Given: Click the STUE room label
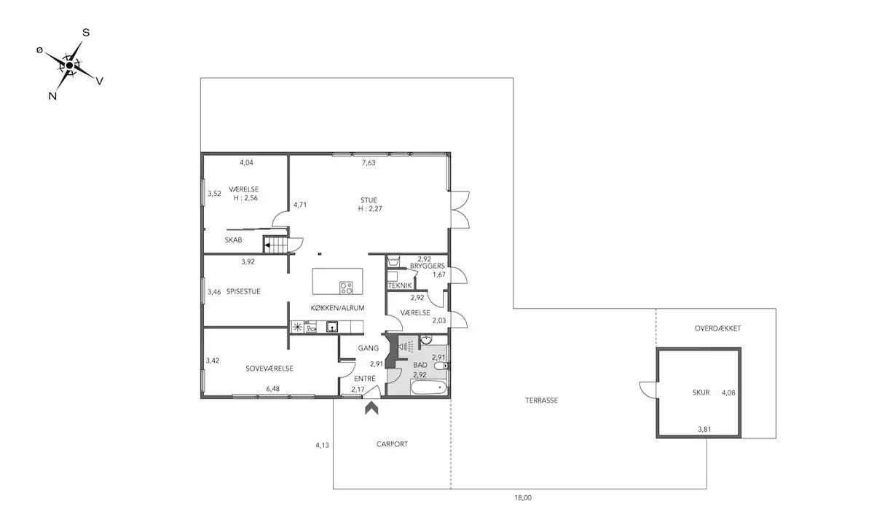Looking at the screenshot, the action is pyautogui.click(x=369, y=200).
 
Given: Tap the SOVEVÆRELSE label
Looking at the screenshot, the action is pyautogui.click(x=269, y=368).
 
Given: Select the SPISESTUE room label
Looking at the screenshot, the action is pyautogui.click(x=243, y=291).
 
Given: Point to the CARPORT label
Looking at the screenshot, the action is pyautogui.click(x=392, y=444).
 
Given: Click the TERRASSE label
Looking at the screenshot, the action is pyautogui.click(x=542, y=400).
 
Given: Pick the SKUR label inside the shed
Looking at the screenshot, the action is pyautogui.click(x=701, y=392).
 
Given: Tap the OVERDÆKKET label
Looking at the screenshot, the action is pyautogui.click(x=718, y=328).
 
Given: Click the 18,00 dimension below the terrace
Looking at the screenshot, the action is pyautogui.click(x=523, y=498).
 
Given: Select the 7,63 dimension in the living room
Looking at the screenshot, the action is pyautogui.click(x=369, y=162).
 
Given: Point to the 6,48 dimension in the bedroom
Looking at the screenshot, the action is pyautogui.click(x=272, y=389).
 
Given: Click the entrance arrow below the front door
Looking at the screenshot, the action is pyautogui.click(x=371, y=408).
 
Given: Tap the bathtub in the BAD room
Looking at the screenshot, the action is pyautogui.click(x=429, y=387).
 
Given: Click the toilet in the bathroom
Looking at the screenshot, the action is pyautogui.click(x=441, y=366).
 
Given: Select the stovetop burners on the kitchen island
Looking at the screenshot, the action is pyautogui.click(x=346, y=288).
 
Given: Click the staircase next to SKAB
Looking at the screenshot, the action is pyautogui.click(x=275, y=245).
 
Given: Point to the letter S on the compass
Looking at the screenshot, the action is pyautogui.click(x=86, y=33).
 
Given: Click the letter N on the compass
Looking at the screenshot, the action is pyautogui.click(x=52, y=96).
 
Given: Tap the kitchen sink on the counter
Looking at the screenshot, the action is pyautogui.click(x=332, y=326).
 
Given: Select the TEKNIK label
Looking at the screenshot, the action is pyautogui.click(x=400, y=285).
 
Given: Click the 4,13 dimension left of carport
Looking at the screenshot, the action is pyautogui.click(x=322, y=445).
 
